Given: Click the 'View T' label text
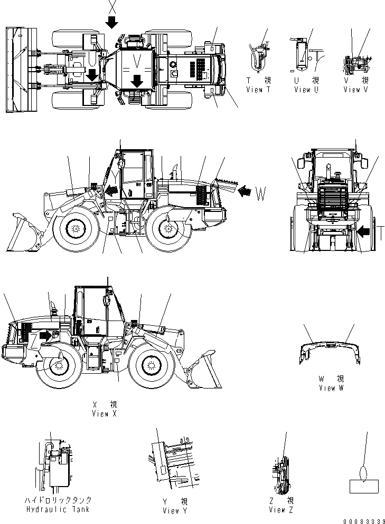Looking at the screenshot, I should tap(258, 90).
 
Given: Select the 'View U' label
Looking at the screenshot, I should tap(306, 90).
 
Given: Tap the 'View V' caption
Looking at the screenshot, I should tap(355, 90).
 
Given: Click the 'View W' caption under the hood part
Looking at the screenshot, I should tap(331, 388).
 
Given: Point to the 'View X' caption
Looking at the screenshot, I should tap(104, 414).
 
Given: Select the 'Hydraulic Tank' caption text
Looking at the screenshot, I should tap(58, 509).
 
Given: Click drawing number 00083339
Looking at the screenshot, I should tap(361, 520).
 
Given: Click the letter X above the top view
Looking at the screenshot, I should tap(112, 7).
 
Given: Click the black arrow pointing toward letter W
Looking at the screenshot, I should tap(245, 191).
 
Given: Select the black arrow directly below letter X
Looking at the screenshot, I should tap(112, 22).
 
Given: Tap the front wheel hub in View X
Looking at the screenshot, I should tap(152, 365).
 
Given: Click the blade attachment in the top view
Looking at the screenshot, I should tap(20, 70).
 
